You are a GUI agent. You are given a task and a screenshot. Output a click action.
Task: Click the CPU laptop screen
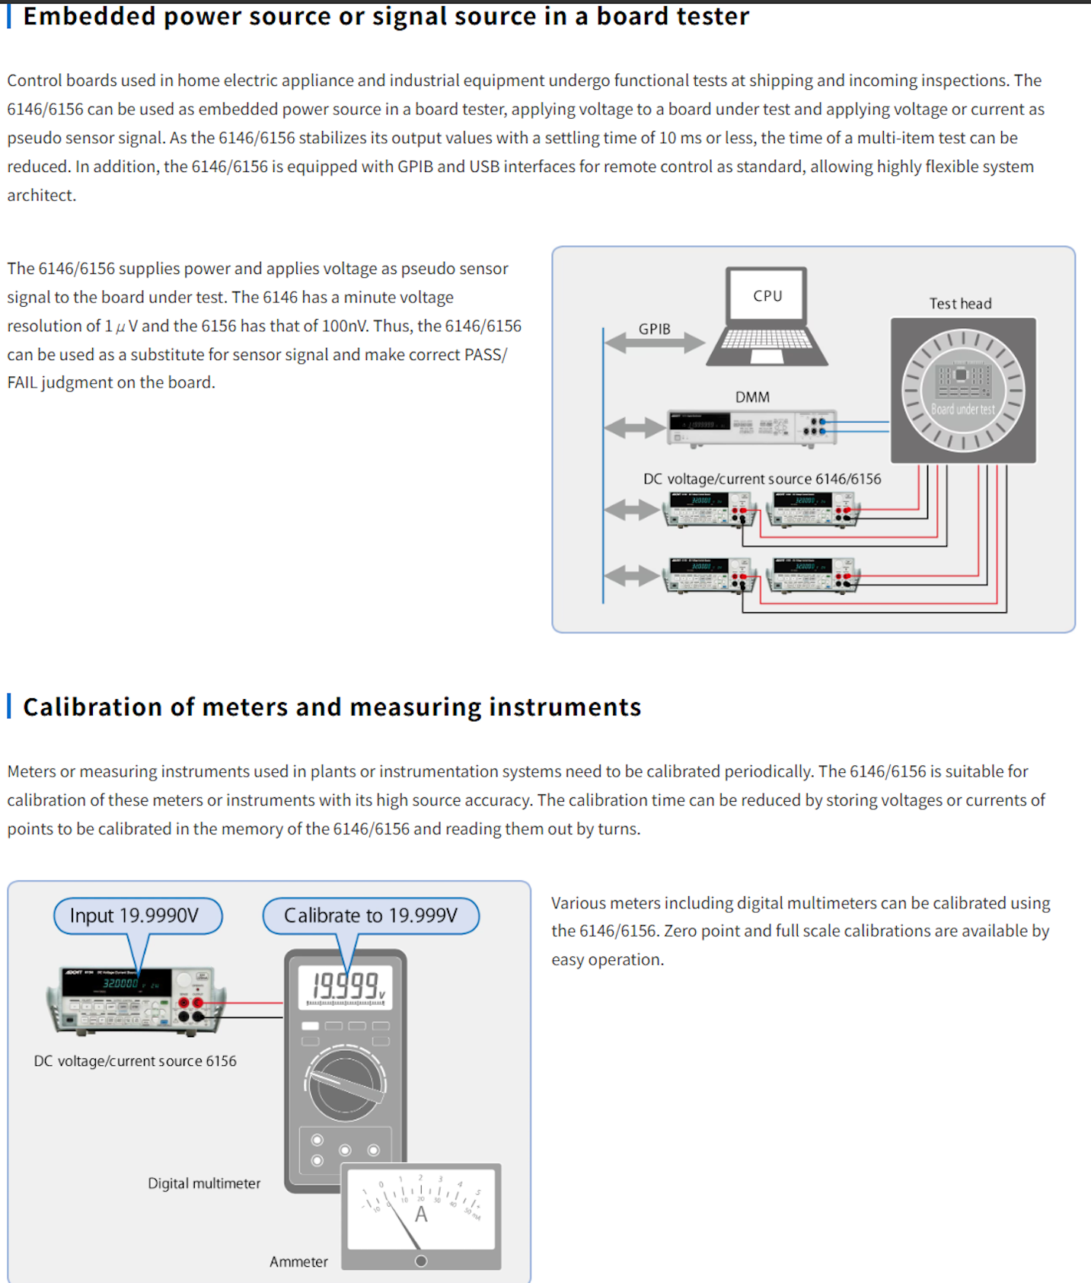pos(767,295)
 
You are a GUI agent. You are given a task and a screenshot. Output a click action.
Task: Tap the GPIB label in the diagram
pos(654,329)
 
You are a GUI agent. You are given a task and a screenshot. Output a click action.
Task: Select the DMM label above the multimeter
pos(752,397)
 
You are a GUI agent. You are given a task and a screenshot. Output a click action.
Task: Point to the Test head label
pos(960,303)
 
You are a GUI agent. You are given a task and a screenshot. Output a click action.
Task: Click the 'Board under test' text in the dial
pos(962,409)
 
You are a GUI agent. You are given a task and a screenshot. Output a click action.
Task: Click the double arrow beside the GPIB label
pos(655,344)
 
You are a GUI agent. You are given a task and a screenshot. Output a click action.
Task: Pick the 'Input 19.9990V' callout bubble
pos(137,915)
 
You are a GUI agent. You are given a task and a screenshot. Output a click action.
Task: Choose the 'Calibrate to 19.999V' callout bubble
pos(371,915)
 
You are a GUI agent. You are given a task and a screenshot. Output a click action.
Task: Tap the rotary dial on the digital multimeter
pos(345,1084)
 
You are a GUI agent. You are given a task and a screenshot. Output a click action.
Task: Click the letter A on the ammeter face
pos(421,1214)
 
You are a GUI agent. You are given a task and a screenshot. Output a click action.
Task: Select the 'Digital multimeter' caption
pos(204,1183)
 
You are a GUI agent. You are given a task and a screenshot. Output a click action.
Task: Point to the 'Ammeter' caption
pos(298,1262)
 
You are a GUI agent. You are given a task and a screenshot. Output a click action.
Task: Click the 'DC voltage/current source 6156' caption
pos(135,1061)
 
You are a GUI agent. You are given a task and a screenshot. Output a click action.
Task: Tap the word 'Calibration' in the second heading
pos(92,707)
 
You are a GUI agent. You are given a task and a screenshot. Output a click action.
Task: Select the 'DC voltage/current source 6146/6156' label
pos(762,479)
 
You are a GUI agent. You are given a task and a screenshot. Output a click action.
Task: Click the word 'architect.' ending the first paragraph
pos(42,195)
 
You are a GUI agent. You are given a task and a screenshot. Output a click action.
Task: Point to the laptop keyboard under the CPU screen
pos(766,339)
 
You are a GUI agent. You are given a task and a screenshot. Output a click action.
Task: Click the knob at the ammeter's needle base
pos(421,1261)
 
